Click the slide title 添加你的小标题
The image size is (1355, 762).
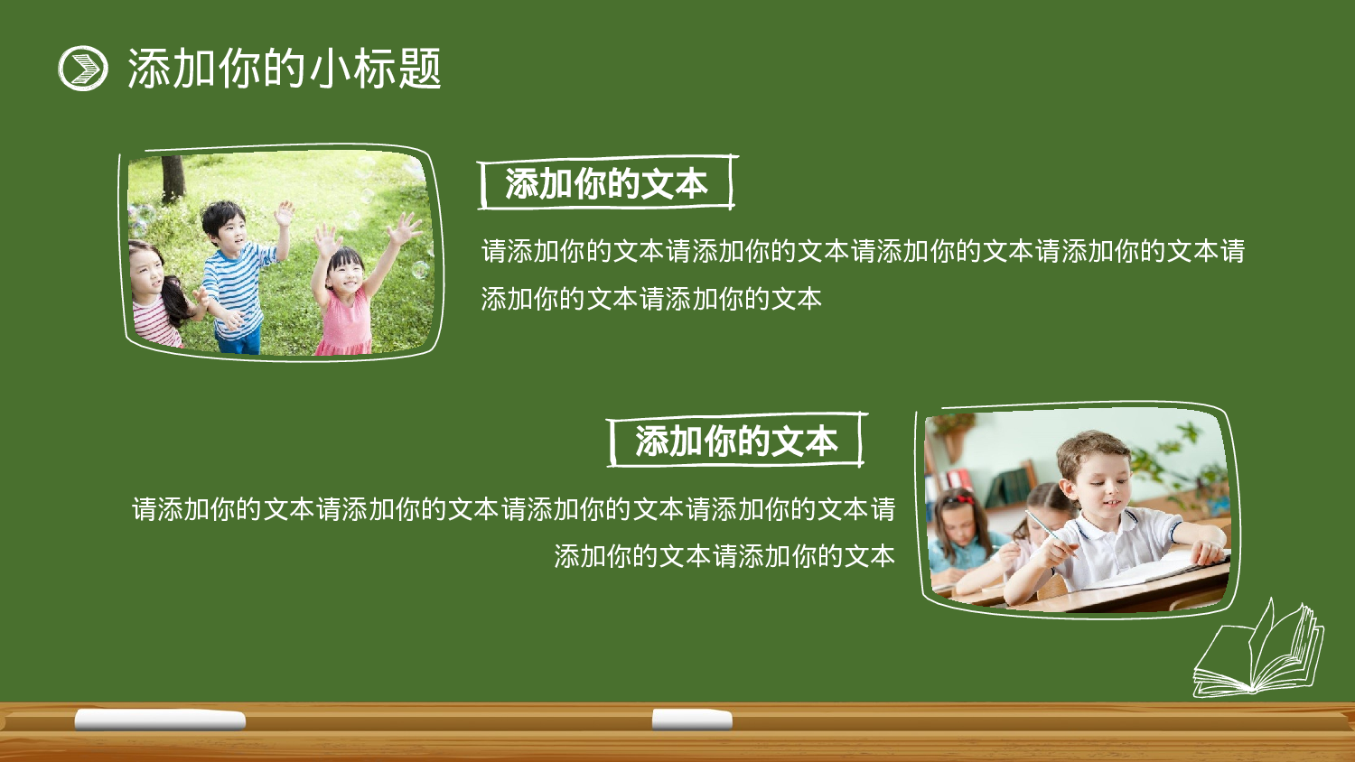[284, 69]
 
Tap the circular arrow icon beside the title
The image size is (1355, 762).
[83, 69]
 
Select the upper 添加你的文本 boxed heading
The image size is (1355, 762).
[606, 183]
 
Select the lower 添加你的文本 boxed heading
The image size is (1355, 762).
[735, 441]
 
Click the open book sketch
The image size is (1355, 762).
[1258, 651]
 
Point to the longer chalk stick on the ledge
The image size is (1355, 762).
[160, 720]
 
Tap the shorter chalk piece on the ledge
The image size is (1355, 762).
[692, 720]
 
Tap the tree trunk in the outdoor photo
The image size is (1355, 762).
[172, 177]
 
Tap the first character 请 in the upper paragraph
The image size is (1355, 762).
[494, 251]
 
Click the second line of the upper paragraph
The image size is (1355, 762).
[650, 299]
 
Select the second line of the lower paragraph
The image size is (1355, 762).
[724, 556]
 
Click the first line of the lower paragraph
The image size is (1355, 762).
[513, 509]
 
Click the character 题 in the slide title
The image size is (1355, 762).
[420, 69]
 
